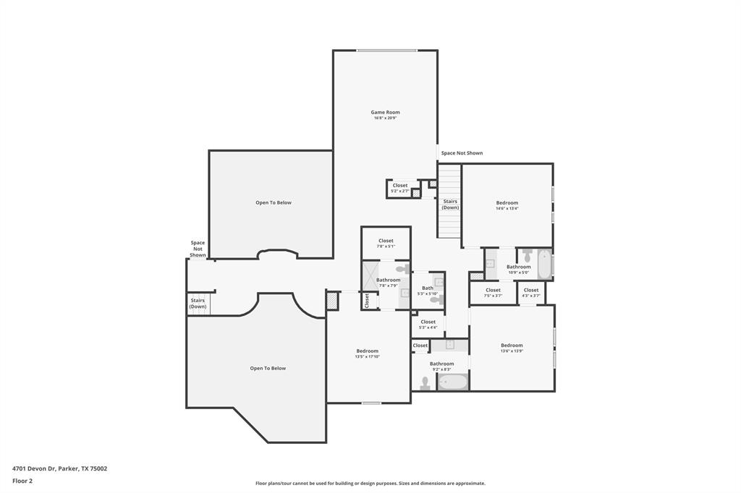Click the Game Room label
[385, 112]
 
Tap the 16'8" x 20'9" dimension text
[385, 118]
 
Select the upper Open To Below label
[274, 202]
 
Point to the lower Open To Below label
[268, 368]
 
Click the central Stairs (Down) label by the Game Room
[450, 205]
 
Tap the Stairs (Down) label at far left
[198, 303]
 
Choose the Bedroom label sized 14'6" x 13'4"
[507, 202]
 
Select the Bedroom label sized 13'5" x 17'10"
[367, 351]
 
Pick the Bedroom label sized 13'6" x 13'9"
[512, 345]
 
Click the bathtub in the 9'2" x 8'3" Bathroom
[453, 382]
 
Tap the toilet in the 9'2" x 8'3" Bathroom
[425, 384]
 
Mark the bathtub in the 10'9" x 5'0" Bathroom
[544, 264]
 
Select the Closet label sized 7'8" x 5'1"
[386, 241]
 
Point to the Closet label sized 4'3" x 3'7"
[531, 290]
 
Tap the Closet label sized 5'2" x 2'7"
[400, 185]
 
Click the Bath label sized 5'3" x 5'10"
[428, 288]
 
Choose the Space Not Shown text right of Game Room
[462, 153]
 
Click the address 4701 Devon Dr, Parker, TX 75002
[59, 468]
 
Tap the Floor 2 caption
[22, 481]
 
